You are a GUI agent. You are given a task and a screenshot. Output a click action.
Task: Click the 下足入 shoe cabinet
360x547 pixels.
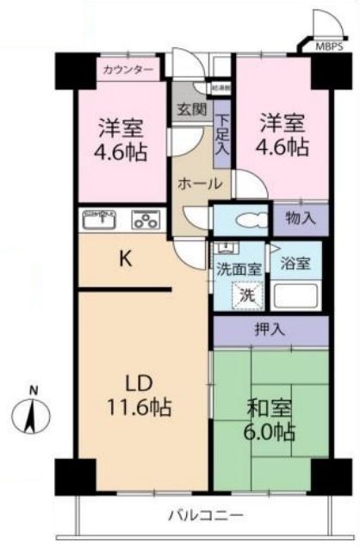pos(222,134)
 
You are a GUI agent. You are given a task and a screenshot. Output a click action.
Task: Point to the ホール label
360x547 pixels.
pos(200,183)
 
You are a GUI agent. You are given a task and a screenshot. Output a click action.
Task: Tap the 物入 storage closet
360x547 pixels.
pos(300,219)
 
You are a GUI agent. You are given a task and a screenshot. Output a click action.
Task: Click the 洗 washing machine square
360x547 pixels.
pos(247,294)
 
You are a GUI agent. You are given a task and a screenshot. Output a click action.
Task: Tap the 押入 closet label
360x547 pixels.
pos(270,330)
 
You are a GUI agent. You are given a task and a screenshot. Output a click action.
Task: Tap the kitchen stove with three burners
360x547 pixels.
pos(146,221)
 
